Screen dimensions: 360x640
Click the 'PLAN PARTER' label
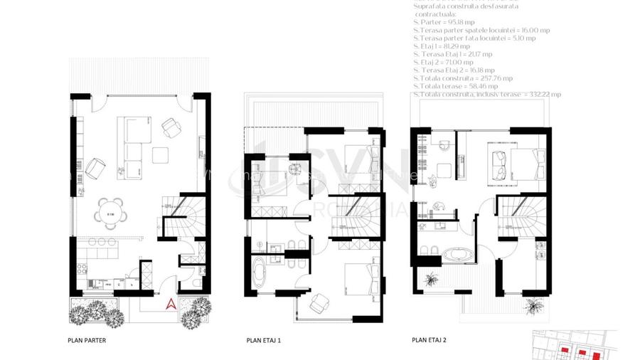(x=87, y=340)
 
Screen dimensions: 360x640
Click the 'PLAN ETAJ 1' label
(x=263, y=340)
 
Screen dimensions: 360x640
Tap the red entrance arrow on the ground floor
(x=171, y=304)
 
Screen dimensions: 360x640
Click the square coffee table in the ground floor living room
(x=161, y=154)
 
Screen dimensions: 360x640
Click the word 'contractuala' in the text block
(x=436, y=14)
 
